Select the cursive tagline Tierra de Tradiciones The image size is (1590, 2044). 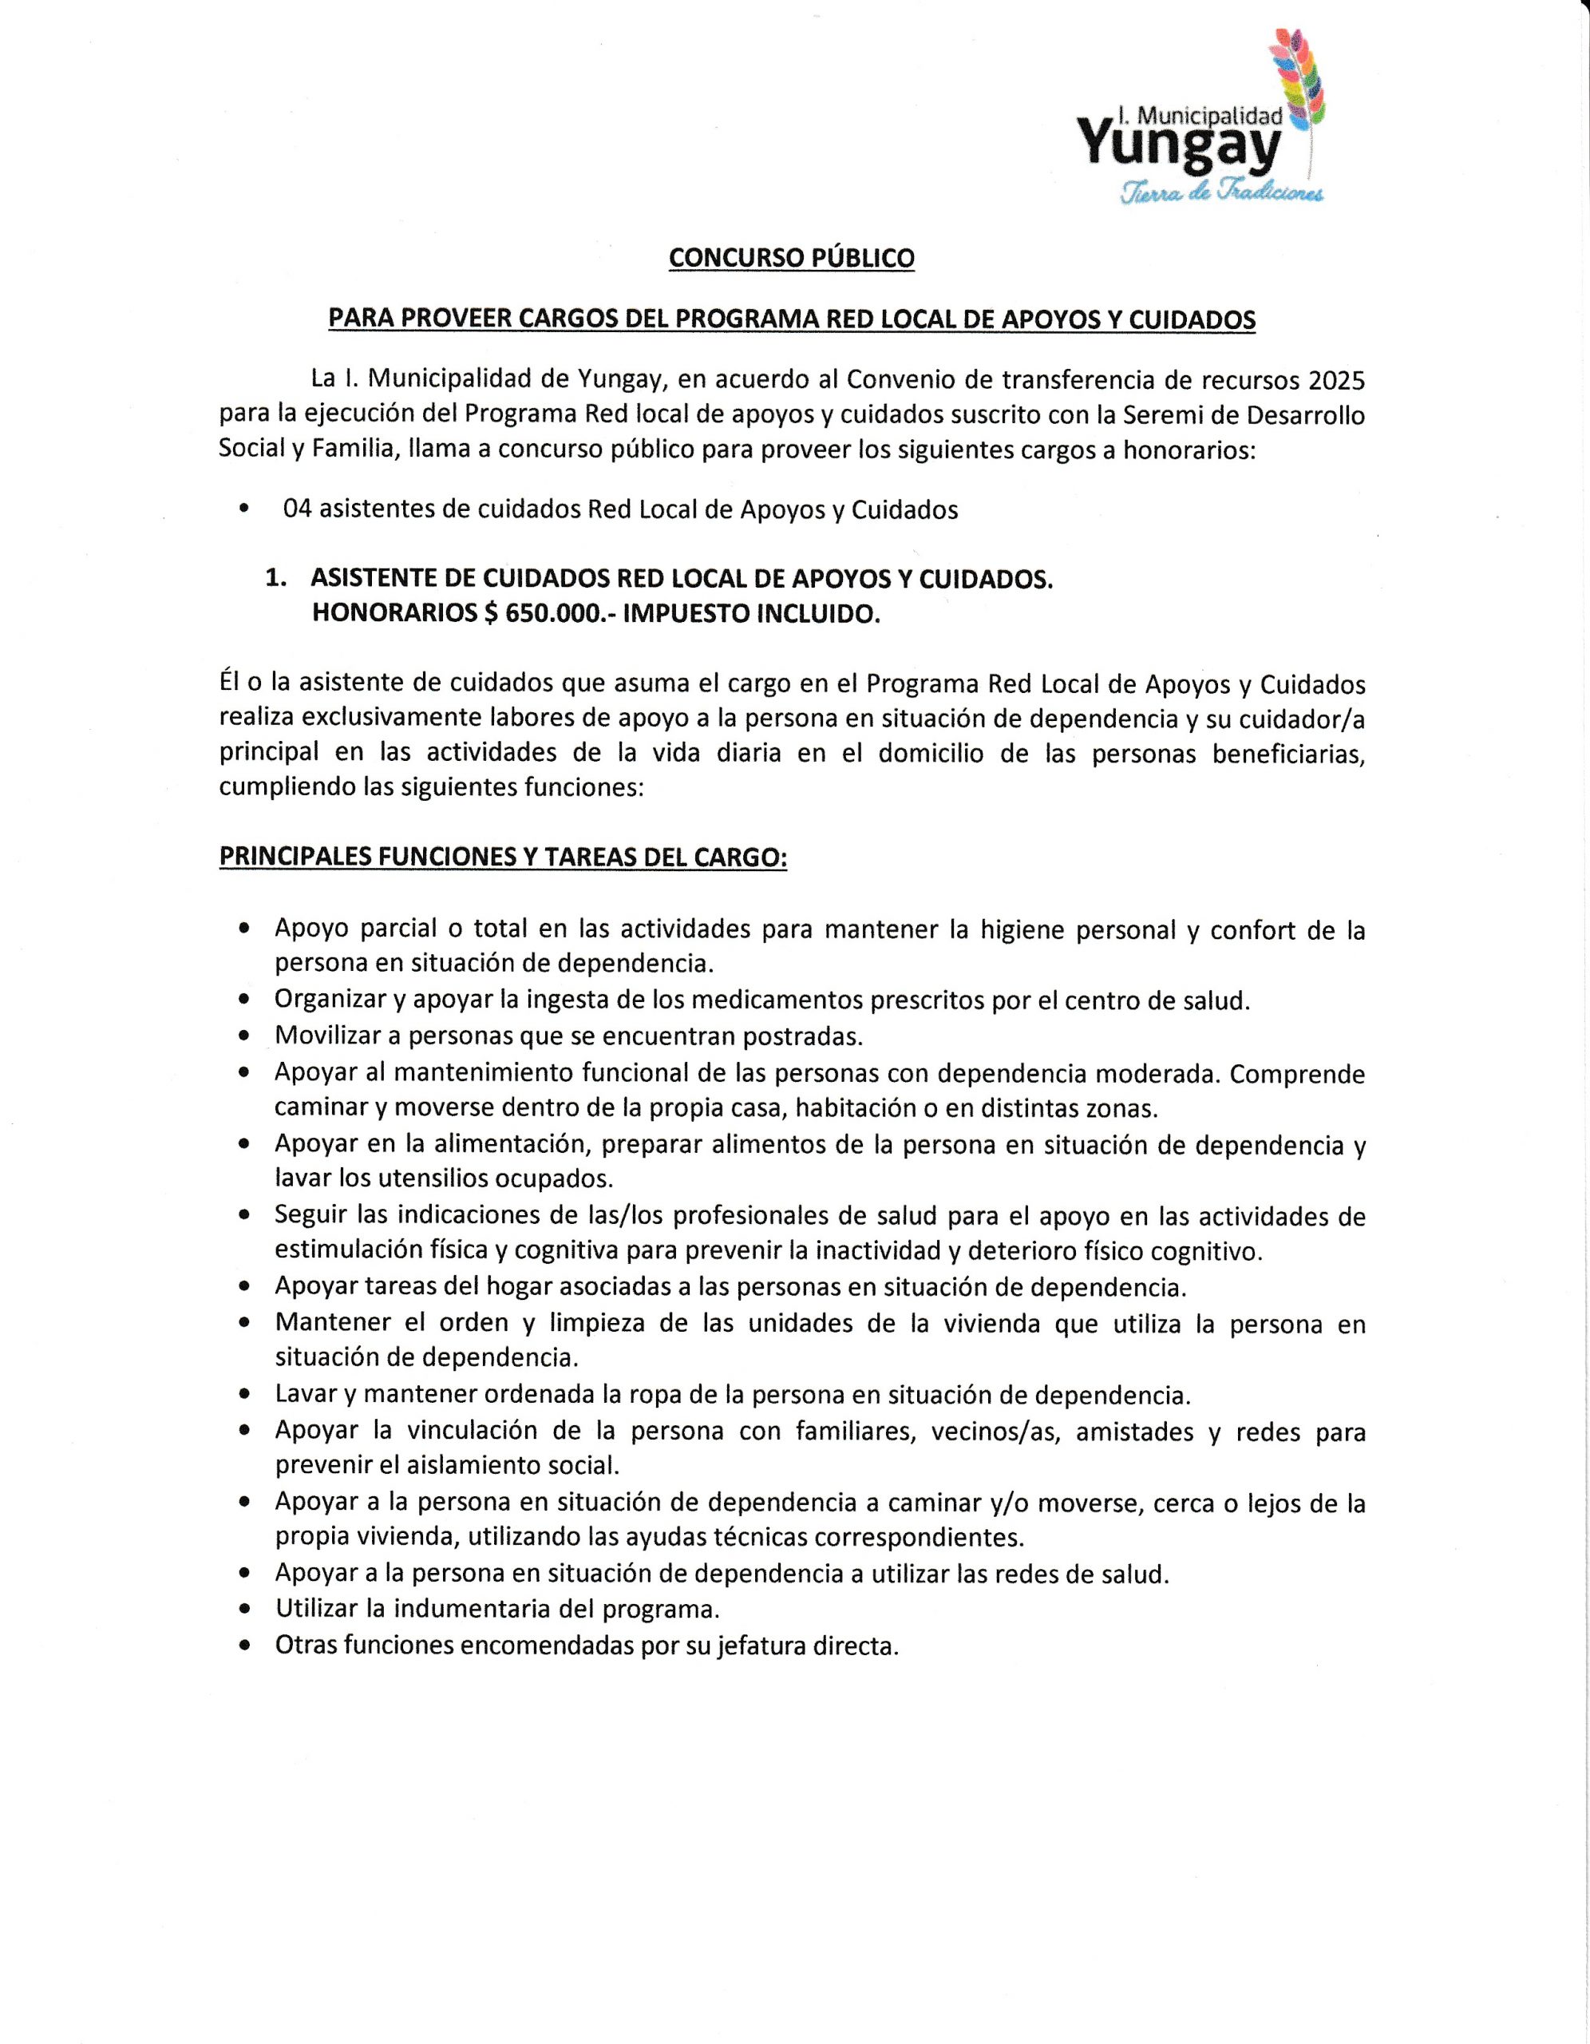1221,192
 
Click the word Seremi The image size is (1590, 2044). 1157,414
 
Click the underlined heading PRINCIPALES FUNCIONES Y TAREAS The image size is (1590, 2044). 503,858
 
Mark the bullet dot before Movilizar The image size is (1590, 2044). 244,1037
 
